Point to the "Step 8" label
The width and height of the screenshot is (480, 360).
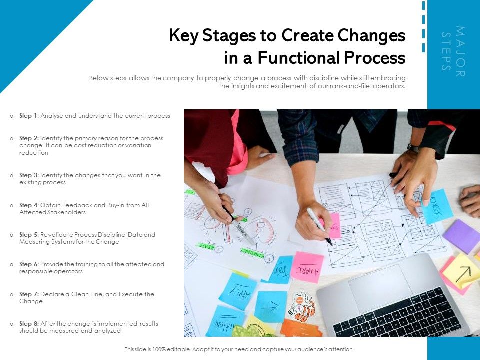(29, 324)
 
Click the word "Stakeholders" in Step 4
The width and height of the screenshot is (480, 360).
(69, 212)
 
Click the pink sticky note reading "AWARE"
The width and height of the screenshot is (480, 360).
(307, 266)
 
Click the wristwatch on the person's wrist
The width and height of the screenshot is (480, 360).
(413, 148)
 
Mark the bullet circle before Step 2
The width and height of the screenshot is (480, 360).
(12, 138)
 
